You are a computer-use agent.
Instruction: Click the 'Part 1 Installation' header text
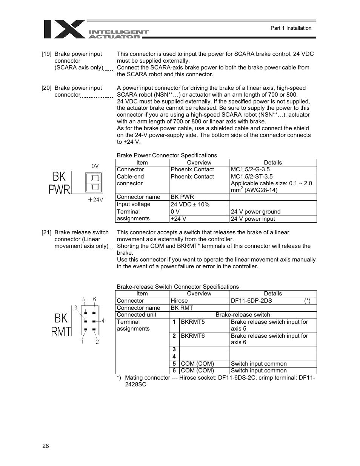pos(291,28)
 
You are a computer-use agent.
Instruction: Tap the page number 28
pos(46,446)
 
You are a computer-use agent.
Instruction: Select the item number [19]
pos(46,54)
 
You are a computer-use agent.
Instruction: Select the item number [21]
pos(46,232)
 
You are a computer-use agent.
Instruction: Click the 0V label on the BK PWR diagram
pos(95,165)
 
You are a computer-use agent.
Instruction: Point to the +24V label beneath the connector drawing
pos(95,200)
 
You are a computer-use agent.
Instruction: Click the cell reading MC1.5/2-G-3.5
pos(250,169)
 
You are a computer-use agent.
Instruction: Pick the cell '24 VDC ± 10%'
pos(190,204)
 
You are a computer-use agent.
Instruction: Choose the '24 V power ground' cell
pos(255,212)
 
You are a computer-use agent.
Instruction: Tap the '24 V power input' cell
pos(253,219)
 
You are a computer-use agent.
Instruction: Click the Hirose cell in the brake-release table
pos(179,301)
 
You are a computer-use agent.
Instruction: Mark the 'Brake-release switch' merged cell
pos(243,315)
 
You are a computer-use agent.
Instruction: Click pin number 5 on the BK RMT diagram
pos(84,300)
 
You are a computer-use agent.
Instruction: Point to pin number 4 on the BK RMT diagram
pos(103,321)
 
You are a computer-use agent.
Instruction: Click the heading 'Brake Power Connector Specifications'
pos(167,155)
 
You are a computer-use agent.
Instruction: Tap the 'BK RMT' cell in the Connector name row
pos(182,308)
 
